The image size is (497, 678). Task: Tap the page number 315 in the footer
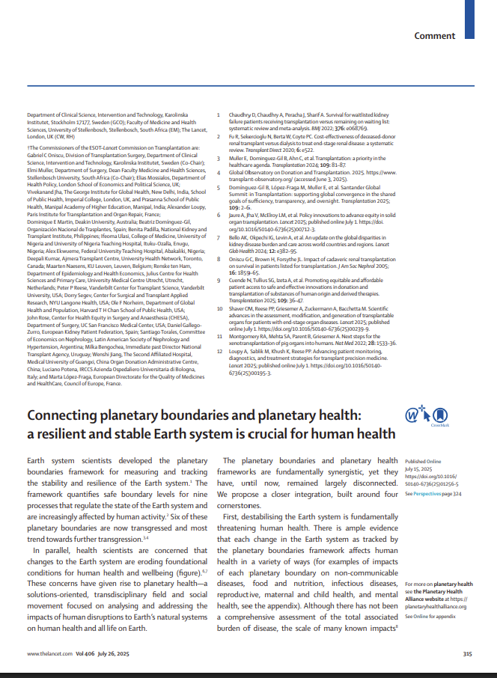[467, 653]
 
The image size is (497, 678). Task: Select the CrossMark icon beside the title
[436, 416]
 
